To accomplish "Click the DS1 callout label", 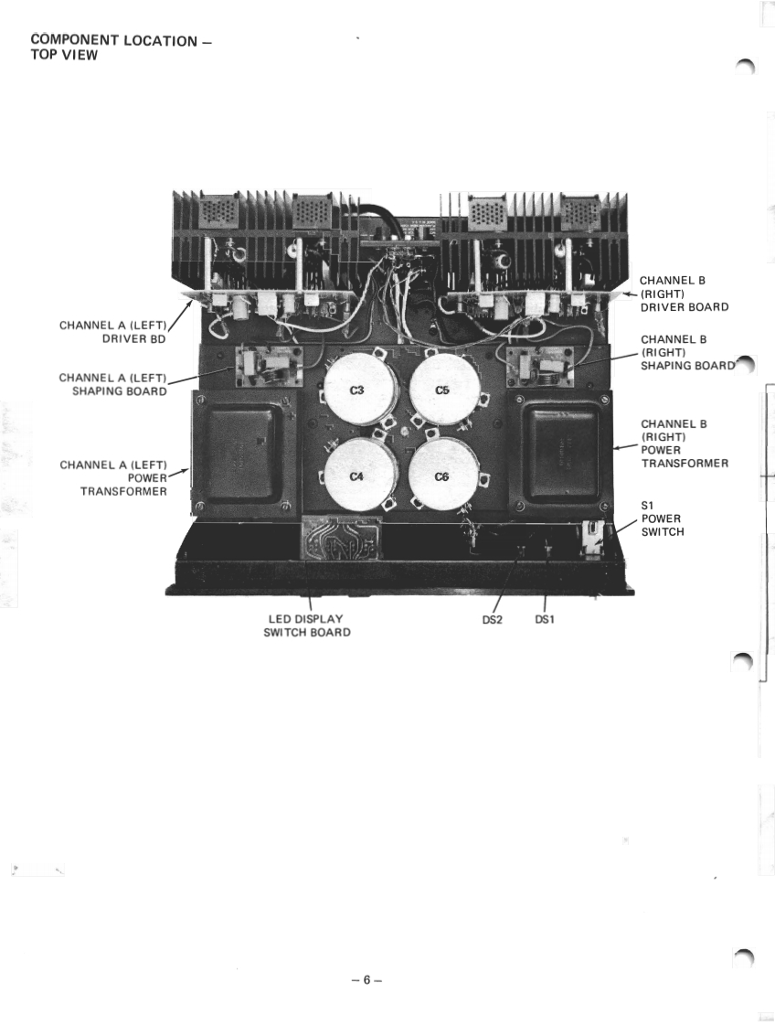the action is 545,620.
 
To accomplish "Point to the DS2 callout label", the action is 493,620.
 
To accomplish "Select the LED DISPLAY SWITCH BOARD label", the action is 306,625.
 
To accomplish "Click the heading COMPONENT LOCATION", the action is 114,41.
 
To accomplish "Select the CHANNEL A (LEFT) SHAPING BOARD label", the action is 112,384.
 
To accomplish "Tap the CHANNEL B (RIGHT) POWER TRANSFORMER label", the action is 684,444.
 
